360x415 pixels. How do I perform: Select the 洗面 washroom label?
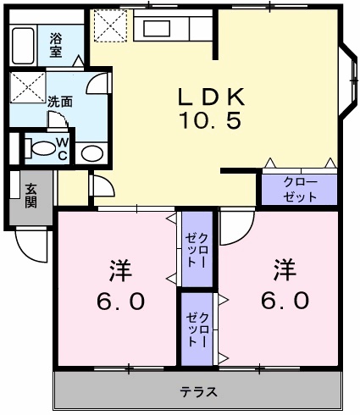tap(59, 101)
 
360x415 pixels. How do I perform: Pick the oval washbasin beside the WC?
tap(93, 154)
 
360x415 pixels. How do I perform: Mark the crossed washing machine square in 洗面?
tap(28, 88)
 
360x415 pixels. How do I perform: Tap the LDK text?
tap(211, 96)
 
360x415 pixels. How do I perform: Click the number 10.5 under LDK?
tap(211, 121)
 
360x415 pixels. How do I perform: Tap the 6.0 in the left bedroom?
tap(119, 300)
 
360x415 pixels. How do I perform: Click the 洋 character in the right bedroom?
tap(284, 270)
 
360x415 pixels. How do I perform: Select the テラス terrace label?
tap(199, 391)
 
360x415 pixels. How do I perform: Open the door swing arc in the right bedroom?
tap(240, 222)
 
